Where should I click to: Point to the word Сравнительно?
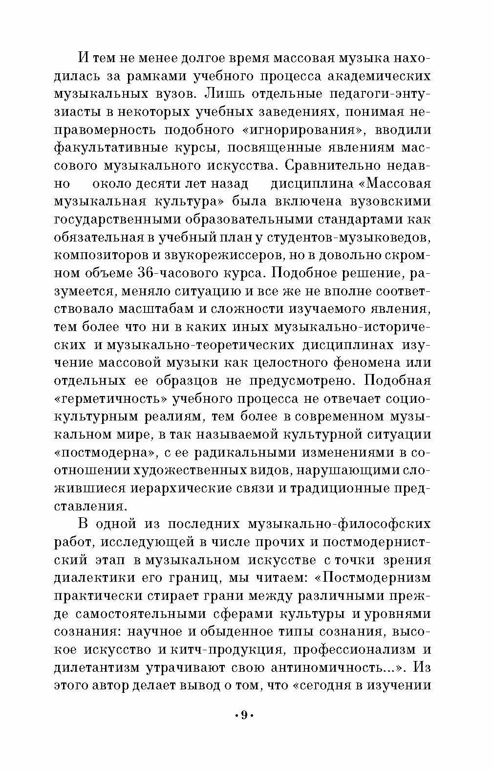331,166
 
